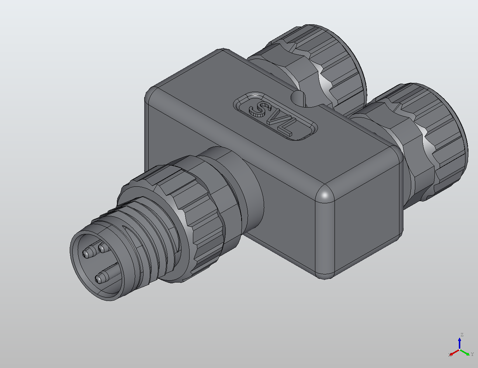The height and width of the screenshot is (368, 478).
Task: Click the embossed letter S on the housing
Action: pos(258,109)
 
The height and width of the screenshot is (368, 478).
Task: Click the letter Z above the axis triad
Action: pos(461,335)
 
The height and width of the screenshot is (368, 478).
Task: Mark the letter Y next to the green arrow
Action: pos(472,354)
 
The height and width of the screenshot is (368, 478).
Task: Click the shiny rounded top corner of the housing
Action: pos(325,194)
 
